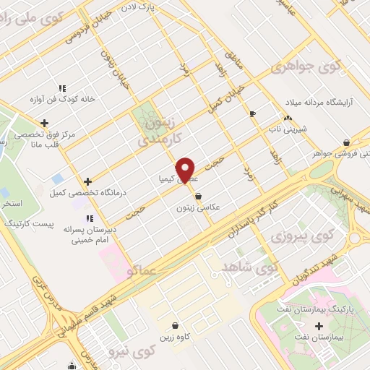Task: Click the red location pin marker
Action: pos(186,170)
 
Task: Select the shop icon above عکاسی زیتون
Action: pos(198,195)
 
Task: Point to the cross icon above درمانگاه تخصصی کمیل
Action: pos(88,181)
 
